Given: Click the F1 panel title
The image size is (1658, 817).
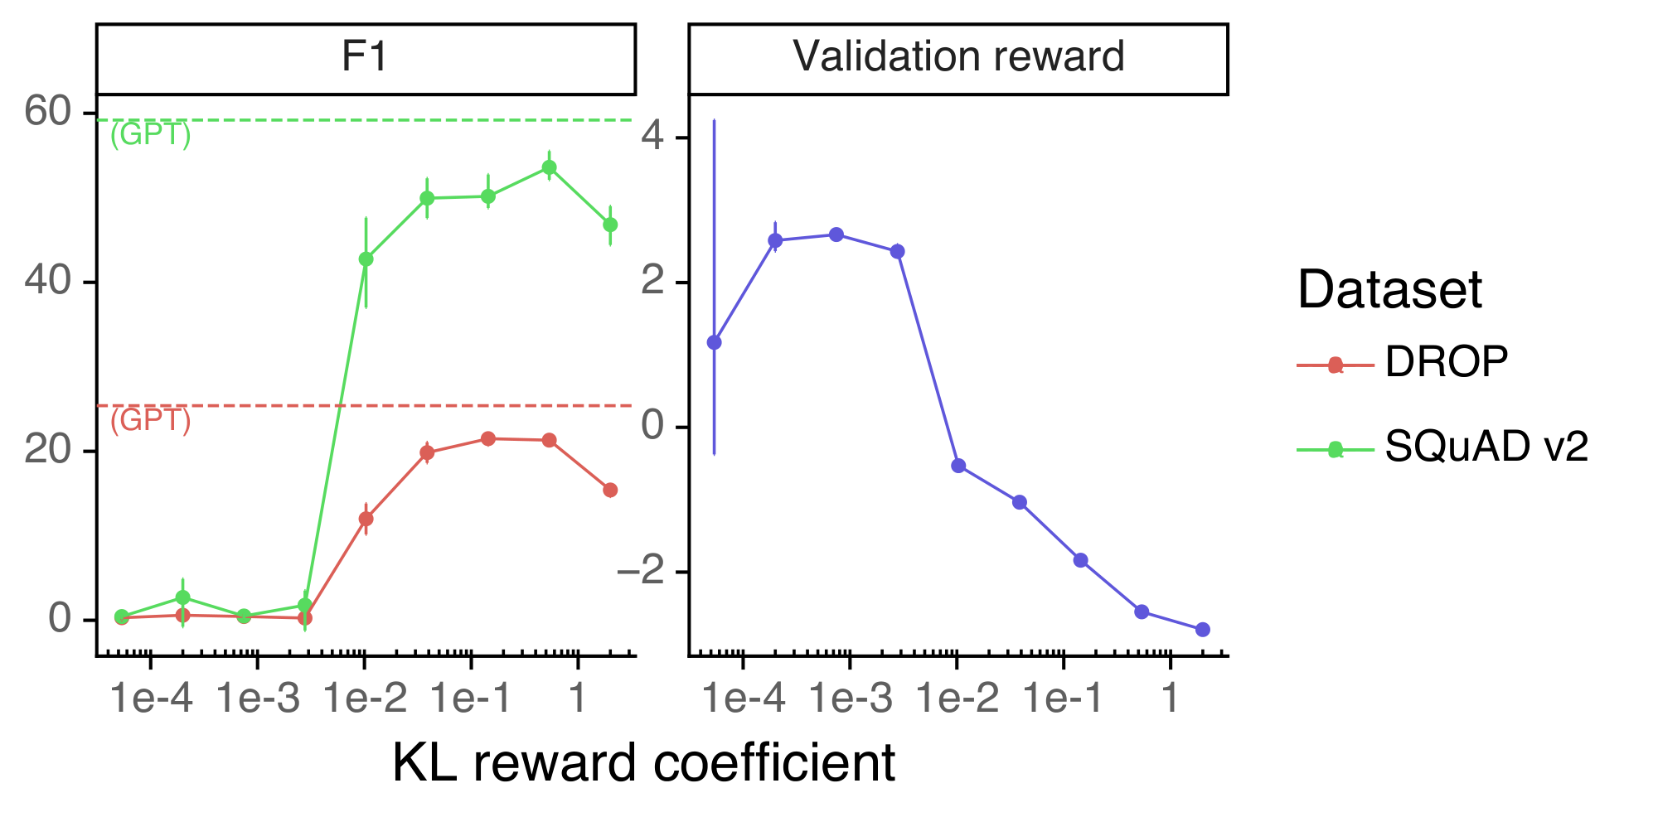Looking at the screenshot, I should [365, 58].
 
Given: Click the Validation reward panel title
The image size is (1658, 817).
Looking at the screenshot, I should [958, 58].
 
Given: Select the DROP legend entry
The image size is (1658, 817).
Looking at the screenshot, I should [1446, 362].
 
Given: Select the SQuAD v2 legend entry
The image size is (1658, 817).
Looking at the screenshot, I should [1486, 447].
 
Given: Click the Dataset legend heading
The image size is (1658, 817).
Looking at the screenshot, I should [1389, 290].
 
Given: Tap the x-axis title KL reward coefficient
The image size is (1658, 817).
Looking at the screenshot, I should [643, 762].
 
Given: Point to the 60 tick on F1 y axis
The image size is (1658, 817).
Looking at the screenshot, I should [47, 112].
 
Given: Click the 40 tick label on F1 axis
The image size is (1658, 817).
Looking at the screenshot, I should [47, 282].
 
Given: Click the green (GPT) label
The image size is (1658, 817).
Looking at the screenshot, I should [150, 135].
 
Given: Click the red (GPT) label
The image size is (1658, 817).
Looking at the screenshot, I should [150, 421].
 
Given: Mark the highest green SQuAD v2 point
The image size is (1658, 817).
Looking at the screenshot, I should [549, 167].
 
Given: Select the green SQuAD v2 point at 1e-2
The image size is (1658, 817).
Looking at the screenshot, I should [366, 259].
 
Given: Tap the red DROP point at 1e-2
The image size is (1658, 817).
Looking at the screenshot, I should [366, 519].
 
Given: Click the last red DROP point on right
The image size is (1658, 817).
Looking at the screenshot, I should [610, 491].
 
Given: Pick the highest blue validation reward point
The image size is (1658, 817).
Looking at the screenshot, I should [836, 235].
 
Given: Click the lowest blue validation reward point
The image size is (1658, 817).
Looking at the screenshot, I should [1203, 630].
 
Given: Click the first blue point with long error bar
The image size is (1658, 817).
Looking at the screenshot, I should [714, 342].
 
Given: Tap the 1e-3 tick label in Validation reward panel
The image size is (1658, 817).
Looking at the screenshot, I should [851, 700].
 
